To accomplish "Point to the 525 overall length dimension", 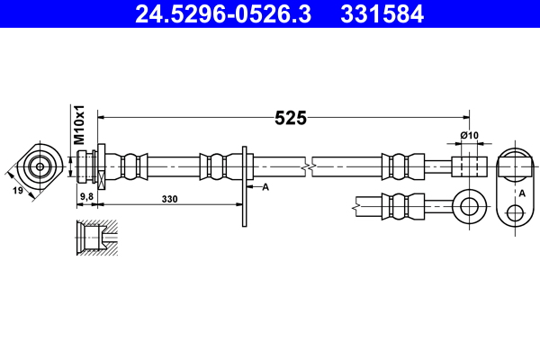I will tap(291, 118).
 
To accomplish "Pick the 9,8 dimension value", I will tap(87, 195).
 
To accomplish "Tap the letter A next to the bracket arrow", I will tap(265, 187).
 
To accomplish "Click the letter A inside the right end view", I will tap(521, 193).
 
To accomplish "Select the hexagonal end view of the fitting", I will tap(40, 166).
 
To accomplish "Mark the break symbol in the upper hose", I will tap(309, 166).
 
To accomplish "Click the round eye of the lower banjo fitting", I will tap(468, 204).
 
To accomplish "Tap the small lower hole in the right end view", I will tap(515, 213).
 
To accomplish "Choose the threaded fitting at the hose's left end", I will tap(90, 166).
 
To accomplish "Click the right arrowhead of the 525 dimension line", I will tap(465, 117).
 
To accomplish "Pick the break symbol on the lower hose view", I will tap(357, 204).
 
